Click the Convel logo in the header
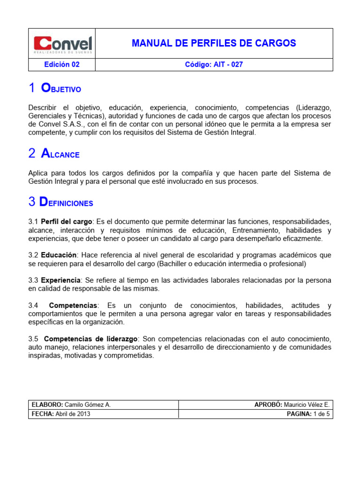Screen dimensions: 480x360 [62, 45]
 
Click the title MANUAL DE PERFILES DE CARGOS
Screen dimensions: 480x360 [214, 44]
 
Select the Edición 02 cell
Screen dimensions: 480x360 [62, 65]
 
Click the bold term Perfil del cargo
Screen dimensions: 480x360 [67, 221]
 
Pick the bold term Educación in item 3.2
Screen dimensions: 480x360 [59, 255]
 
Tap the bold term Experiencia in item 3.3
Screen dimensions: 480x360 [61, 280]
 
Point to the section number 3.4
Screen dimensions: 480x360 [33, 306]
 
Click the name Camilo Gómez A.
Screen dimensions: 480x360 [88, 405]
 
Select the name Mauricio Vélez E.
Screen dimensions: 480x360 [307, 405]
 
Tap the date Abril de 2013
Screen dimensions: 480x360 [73, 414]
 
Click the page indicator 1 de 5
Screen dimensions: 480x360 [322, 414]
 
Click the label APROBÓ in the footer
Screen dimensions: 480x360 [268, 405]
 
